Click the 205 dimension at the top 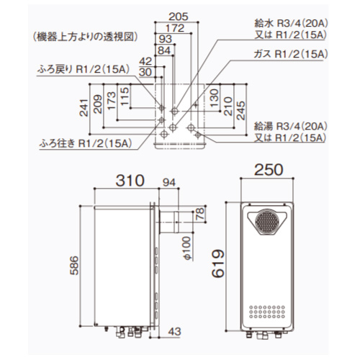(174, 16)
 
